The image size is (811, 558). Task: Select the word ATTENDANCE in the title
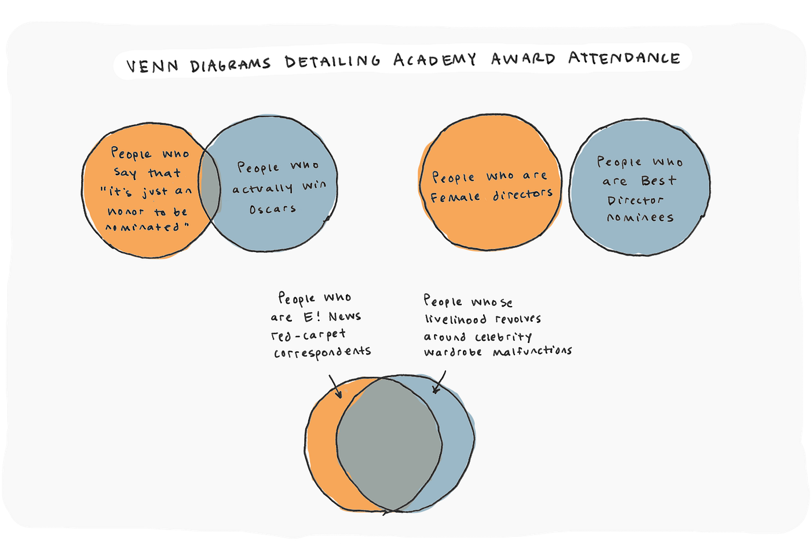pos(624,58)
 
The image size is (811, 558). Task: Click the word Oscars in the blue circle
pos(273,209)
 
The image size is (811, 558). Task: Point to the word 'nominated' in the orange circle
pos(147,227)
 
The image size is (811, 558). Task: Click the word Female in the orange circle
pos(455,197)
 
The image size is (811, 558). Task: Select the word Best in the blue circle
pos(658,181)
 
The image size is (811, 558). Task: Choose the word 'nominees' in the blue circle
pos(640,218)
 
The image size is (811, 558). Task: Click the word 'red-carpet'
pos(308,335)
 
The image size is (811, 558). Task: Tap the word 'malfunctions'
pos(532,351)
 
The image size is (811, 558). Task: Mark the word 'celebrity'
pos(503,337)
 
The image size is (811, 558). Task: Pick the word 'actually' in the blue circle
pos(262,188)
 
